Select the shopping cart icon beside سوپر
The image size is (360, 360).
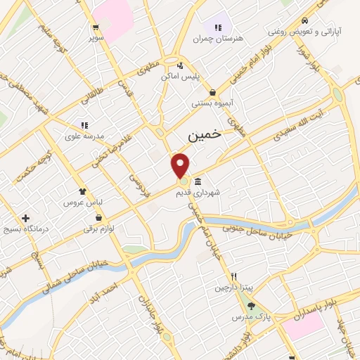95,28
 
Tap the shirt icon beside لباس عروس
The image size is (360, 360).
83,191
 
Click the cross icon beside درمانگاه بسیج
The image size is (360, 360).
26,219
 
